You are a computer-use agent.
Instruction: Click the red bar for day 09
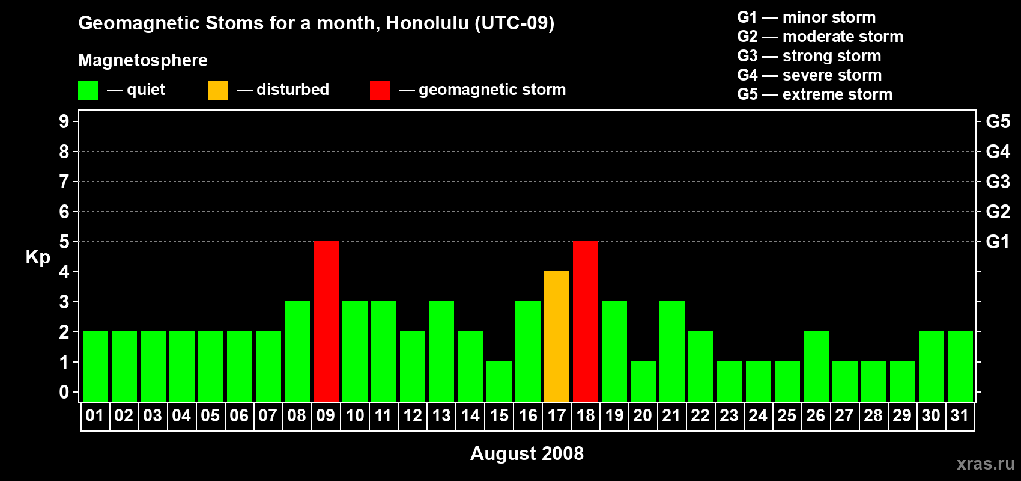[x=326, y=321]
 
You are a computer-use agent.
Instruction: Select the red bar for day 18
[x=585, y=321]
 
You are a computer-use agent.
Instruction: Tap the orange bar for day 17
[x=557, y=336]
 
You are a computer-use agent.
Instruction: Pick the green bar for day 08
[x=297, y=351]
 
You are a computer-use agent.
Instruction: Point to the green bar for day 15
[x=499, y=382]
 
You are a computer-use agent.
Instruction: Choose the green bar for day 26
[x=816, y=366]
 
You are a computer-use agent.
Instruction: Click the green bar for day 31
[x=960, y=366]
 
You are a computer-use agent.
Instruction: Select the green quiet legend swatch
[x=88, y=90]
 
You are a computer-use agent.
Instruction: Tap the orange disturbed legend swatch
[x=217, y=90]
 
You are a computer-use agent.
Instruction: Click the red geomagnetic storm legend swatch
[x=380, y=90]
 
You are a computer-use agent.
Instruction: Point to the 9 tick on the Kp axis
[x=64, y=121]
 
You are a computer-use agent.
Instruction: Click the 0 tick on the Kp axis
[x=64, y=392]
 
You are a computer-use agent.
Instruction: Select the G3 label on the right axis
[x=998, y=182]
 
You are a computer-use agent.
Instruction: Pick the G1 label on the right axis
[x=998, y=242]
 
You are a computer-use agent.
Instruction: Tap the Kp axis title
[x=38, y=257]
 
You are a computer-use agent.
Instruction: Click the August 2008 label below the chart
[x=527, y=453]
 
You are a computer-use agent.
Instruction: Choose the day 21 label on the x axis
[x=671, y=415]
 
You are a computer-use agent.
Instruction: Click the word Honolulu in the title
[x=427, y=23]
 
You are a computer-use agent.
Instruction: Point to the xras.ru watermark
[x=986, y=464]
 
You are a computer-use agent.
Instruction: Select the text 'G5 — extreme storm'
[x=814, y=94]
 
